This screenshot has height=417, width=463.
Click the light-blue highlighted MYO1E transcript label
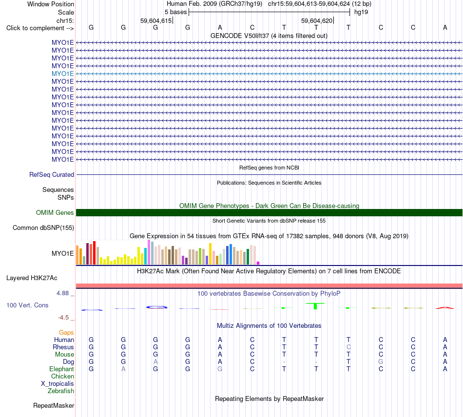62,74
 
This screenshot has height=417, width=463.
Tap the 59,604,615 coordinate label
156,20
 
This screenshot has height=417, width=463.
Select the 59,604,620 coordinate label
317,20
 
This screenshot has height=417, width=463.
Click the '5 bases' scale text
175,12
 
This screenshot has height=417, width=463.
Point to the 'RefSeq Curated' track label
52,175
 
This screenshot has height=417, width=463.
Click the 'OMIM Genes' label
55,212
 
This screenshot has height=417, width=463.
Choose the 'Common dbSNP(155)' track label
43,228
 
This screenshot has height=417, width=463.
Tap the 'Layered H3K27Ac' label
32,278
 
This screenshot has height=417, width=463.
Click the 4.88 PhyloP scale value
62,293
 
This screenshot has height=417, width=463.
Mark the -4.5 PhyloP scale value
63,318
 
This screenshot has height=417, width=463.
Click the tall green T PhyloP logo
315,306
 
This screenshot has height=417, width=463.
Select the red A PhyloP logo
445,308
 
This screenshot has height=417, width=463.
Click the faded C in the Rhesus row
348,347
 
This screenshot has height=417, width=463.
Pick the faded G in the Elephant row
220,369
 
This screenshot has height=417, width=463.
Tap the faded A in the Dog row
155,361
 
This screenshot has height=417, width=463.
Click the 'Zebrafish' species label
61,391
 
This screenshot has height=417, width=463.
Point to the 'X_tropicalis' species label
58,384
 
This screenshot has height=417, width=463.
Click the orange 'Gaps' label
66,333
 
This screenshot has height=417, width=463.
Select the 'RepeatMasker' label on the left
54,406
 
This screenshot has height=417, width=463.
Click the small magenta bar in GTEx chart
258,263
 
